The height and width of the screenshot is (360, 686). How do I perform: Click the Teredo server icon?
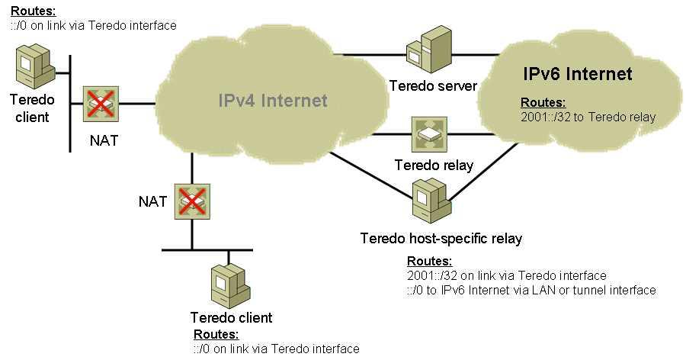(428, 49)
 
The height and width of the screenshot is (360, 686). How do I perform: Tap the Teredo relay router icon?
(429, 134)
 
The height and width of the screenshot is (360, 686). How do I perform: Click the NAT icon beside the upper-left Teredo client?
(101, 104)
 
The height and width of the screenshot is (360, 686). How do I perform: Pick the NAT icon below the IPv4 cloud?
(192, 201)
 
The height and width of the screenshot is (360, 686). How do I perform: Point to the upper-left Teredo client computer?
(35, 67)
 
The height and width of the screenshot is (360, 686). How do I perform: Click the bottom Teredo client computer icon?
(230, 285)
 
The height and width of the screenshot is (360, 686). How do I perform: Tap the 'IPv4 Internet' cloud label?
(273, 101)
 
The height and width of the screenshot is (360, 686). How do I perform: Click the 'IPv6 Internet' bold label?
(578, 73)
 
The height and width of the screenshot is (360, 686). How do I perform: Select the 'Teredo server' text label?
(433, 86)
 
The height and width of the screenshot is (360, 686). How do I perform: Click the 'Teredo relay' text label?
(434, 165)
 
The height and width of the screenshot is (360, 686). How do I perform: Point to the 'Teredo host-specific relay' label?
(441, 239)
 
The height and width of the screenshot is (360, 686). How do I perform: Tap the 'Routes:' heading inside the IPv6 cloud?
(543, 102)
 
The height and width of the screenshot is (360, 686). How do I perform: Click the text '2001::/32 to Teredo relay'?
(588, 117)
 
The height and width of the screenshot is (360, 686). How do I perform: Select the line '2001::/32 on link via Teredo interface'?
(507, 275)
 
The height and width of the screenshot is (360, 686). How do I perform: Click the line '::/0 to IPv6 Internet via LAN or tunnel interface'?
(531, 290)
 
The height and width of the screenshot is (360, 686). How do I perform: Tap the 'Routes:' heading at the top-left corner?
(34, 11)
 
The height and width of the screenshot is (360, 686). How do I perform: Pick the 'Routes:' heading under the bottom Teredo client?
(216, 335)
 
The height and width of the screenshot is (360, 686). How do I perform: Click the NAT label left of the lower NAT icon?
(152, 201)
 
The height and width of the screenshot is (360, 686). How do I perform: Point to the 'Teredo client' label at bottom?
(232, 317)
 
